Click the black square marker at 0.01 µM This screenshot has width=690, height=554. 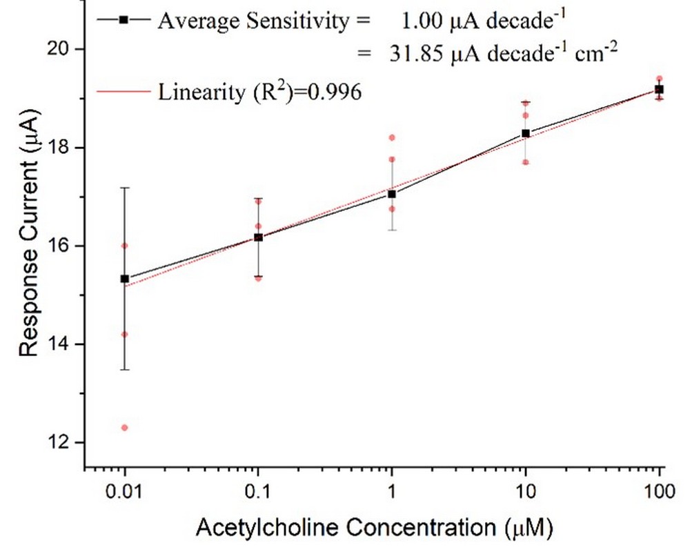pos(125,279)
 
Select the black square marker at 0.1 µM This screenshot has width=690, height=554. pos(259,237)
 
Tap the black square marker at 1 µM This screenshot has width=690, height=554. pos(392,194)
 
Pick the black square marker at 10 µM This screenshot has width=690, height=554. pos(526,133)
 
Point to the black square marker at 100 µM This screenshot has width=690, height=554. pos(659,90)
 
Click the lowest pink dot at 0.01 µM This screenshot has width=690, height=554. pos(125,428)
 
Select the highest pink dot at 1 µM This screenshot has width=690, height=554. pos(392,137)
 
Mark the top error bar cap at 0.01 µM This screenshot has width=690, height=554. pos(125,188)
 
